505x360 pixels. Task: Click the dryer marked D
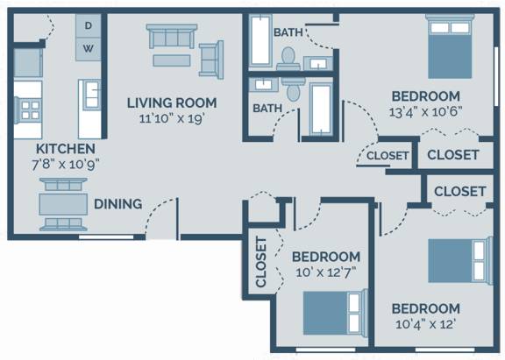click(89, 25)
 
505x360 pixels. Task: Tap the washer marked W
click(89, 49)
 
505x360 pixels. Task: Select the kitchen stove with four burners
click(28, 110)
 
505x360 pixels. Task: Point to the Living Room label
click(172, 103)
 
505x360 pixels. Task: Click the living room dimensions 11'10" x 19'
click(172, 119)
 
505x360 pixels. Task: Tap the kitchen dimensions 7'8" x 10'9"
click(66, 165)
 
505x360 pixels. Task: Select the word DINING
click(117, 204)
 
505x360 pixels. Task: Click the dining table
click(63, 204)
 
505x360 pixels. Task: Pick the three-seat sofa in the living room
click(172, 36)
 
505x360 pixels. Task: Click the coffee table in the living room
click(172, 60)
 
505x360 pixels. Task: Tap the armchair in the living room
click(211, 60)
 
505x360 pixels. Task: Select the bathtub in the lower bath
click(321, 109)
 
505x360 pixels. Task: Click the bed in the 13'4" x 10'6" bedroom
click(450, 46)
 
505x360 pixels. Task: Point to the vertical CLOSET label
click(261, 262)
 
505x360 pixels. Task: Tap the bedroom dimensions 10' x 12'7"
click(326, 272)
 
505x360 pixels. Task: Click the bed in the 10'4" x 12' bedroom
click(460, 261)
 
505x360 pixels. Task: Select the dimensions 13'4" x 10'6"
click(426, 112)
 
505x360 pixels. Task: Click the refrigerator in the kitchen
click(28, 62)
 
